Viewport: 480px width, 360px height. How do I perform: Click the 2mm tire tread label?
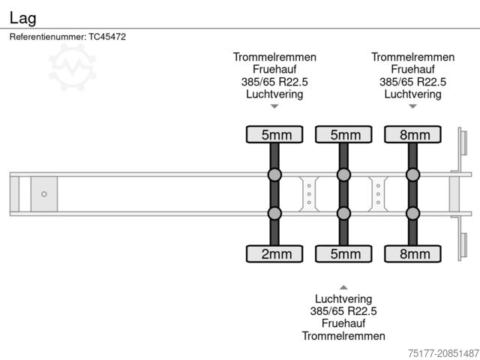(x=275, y=253)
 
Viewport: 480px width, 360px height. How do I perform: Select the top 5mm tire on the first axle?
(x=275, y=134)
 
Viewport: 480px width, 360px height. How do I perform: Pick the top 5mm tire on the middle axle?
(x=344, y=134)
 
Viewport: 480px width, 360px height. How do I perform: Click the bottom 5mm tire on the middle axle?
(x=344, y=253)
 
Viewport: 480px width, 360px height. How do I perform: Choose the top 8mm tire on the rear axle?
(x=413, y=134)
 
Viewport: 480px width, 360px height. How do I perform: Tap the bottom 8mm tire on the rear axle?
(x=413, y=253)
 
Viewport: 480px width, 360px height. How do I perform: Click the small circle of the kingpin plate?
(x=44, y=193)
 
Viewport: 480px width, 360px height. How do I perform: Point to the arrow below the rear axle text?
(x=412, y=106)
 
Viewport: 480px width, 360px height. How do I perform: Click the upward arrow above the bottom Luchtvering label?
(x=343, y=287)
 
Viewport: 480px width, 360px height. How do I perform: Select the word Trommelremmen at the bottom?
(x=343, y=336)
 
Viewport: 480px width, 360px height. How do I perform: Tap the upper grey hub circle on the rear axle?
(x=413, y=175)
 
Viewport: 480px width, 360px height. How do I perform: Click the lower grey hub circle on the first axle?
(x=275, y=213)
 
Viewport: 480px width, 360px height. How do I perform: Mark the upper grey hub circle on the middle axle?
(x=344, y=175)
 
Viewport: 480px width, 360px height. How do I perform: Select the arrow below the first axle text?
(x=274, y=106)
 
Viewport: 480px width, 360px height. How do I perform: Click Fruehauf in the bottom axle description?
(x=343, y=324)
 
